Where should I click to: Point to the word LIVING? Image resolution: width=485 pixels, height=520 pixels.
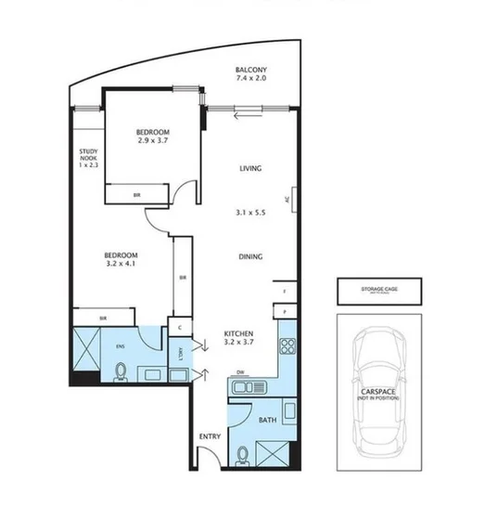click(x=249, y=169)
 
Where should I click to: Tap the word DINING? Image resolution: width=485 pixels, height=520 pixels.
click(x=249, y=257)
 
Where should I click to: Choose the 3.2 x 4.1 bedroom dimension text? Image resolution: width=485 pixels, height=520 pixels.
click(x=121, y=263)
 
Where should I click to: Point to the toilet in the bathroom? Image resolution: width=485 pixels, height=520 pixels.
click(x=243, y=455)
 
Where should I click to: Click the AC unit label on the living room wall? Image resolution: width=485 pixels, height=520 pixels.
click(x=288, y=198)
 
